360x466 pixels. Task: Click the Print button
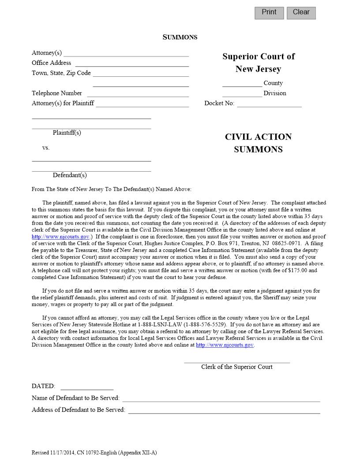(269, 13)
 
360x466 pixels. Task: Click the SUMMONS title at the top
(180, 37)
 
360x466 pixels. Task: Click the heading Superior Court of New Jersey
(258, 63)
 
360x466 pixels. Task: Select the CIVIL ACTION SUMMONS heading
(258, 143)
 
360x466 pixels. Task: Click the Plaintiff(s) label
(67, 133)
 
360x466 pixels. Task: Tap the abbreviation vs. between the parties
(46, 148)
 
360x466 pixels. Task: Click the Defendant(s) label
(70, 175)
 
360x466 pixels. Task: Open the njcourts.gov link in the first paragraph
(60, 237)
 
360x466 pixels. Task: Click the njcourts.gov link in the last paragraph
(225, 345)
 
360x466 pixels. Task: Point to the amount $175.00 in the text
(296, 271)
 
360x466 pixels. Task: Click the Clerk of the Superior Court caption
(237, 367)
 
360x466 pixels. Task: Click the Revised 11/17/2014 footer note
(94, 453)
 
